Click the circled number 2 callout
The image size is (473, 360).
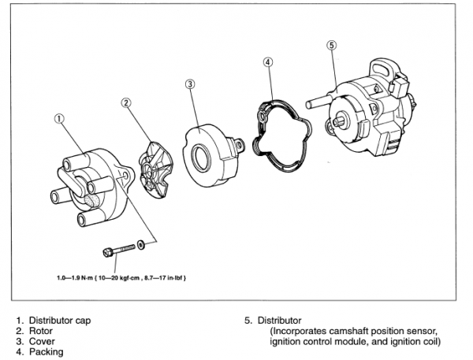coord(126,103)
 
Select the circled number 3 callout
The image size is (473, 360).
coord(191,84)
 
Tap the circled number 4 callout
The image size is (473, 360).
coord(268,62)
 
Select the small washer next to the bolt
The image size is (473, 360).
coord(140,245)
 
